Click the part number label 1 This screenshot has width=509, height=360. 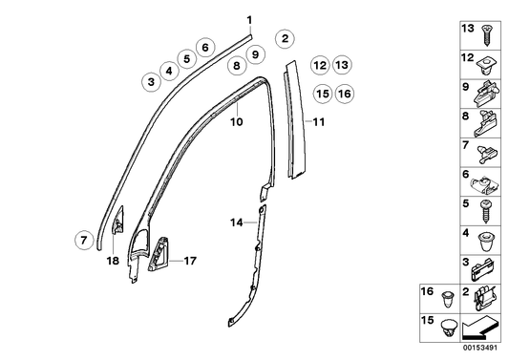[249, 20]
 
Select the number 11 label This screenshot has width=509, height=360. [319, 122]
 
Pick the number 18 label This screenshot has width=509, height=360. [112, 260]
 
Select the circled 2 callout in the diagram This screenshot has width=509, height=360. [284, 39]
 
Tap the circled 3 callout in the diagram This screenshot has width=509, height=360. [150, 83]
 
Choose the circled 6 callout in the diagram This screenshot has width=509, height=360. [204, 47]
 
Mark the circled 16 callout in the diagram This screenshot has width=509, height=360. [344, 94]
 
